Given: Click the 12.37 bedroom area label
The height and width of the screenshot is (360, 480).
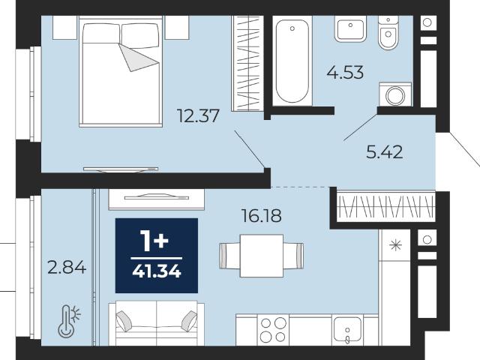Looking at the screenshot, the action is point(198,116).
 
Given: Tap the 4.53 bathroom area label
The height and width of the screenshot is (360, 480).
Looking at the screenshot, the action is point(345,73).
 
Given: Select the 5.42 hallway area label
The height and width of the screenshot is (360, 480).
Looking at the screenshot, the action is point(385,152).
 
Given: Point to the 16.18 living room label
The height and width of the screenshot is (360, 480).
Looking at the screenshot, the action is point(262,215).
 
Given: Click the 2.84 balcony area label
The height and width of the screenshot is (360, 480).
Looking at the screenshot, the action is point(67,267).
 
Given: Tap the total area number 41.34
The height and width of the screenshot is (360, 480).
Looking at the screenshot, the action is point(157,271).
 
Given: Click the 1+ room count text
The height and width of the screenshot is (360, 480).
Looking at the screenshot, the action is point(154,241).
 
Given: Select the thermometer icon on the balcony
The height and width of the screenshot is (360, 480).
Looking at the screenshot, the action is point(70,321).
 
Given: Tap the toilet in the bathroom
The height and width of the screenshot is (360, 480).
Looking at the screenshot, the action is point(388,33).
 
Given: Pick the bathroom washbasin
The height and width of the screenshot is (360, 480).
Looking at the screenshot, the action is point(350,28).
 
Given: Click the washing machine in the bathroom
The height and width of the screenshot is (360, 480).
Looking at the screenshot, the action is point(395,94).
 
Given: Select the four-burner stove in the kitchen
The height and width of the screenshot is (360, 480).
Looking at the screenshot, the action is point(273,330).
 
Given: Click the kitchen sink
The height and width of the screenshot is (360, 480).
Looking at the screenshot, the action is point(347,330).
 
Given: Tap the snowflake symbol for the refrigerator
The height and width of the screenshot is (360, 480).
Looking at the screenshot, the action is point(395,245).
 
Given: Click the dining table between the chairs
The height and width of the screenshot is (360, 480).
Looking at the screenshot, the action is point(262,256).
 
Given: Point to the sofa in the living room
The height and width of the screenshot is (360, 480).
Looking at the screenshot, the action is point(157,323).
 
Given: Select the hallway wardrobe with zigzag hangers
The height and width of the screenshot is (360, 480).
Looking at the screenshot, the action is point(385,206).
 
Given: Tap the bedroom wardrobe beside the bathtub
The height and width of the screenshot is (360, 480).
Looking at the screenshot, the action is point(247,63).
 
